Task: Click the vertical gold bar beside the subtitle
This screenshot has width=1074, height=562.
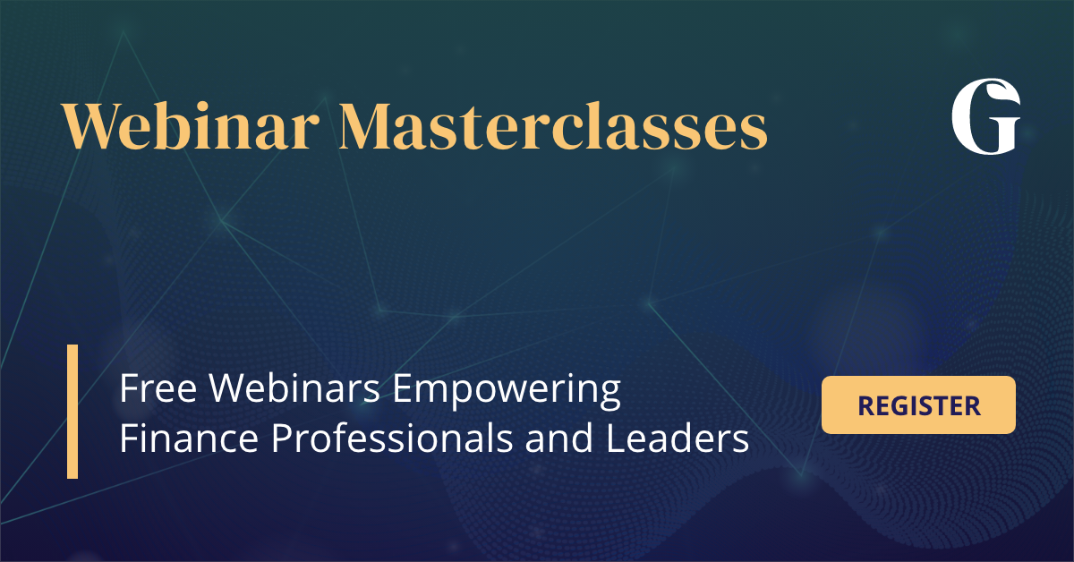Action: [x=72, y=412]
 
